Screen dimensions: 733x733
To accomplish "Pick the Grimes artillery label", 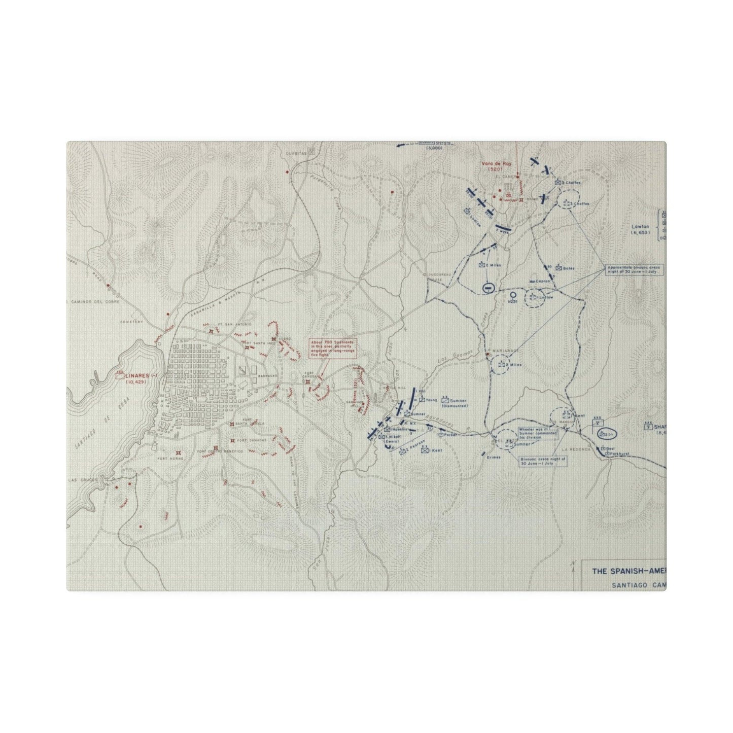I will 493,457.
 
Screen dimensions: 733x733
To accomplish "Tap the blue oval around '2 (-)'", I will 606,434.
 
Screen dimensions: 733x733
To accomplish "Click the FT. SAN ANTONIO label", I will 227,324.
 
